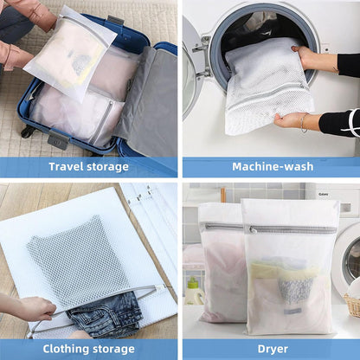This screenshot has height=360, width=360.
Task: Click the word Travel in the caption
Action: click(x=67, y=167)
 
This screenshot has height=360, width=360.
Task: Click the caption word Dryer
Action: click(x=272, y=349)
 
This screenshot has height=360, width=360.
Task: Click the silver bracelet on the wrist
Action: click(x=304, y=122)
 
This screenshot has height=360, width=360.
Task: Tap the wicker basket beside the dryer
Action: click(x=352, y=305)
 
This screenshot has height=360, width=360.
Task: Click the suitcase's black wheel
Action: click(x=27, y=132)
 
